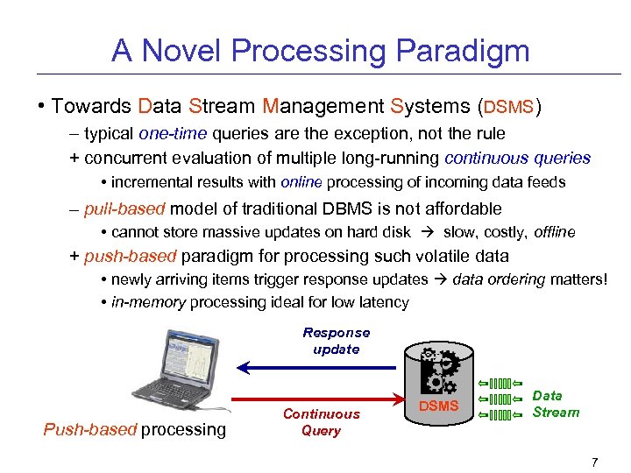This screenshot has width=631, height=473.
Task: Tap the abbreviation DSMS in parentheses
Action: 507,107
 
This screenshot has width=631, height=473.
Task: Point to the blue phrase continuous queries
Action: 517,159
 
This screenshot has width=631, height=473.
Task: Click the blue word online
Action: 301,182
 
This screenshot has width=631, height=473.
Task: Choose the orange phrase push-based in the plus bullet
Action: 130,257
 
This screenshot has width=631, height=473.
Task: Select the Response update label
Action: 337,341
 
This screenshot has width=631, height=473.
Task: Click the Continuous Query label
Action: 321,422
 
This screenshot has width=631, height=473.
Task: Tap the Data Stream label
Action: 556,404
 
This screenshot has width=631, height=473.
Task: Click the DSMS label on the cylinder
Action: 438,406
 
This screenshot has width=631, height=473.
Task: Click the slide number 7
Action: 594,462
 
